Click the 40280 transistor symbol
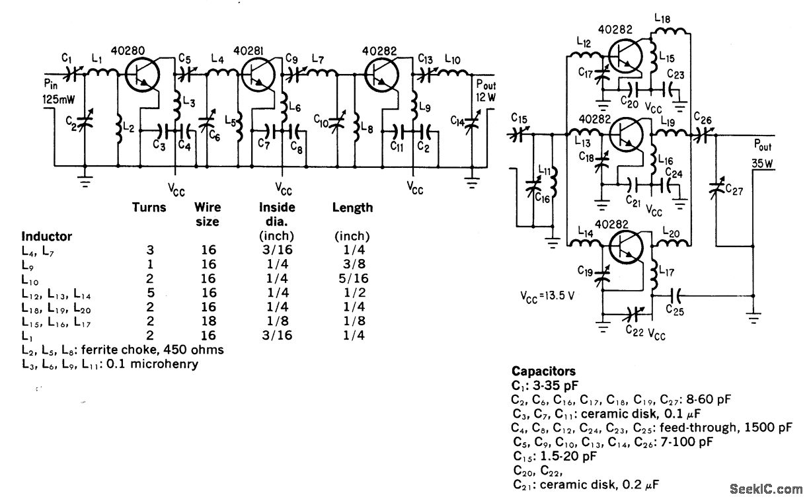(142, 75)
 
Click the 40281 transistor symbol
(258, 75)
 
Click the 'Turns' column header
(149, 208)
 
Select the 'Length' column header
(352, 208)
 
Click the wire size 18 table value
(209, 321)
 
